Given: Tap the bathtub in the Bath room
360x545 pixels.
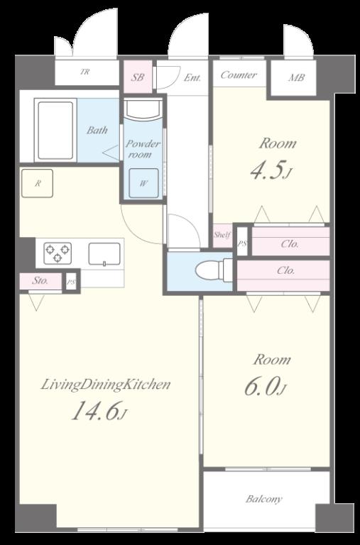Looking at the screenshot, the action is click(x=55, y=130).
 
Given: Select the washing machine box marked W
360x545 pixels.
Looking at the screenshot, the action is click(x=143, y=183).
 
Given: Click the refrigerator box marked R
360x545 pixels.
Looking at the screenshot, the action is click(x=37, y=183).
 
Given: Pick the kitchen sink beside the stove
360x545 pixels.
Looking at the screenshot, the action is click(x=104, y=254).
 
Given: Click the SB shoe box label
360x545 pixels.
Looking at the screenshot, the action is click(x=137, y=77).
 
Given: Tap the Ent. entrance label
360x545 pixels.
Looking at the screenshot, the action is click(x=192, y=77).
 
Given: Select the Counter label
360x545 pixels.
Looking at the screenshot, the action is click(x=239, y=75).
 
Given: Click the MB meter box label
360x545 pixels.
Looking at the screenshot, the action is click(x=296, y=77).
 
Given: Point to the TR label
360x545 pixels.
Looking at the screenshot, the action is click(x=85, y=72).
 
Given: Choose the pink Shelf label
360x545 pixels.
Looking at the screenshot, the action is click(x=222, y=235).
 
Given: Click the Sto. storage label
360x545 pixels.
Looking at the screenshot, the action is click(x=40, y=280).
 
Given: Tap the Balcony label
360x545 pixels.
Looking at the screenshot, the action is click(x=263, y=499).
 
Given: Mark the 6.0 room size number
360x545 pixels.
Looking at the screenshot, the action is click(x=261, y=386).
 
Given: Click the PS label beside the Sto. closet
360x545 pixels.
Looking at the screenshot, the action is click(x=71, y=282).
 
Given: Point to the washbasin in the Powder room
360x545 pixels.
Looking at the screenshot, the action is click(x=143, y=109).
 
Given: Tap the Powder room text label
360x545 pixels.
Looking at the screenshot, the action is click(x=143, y=149).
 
